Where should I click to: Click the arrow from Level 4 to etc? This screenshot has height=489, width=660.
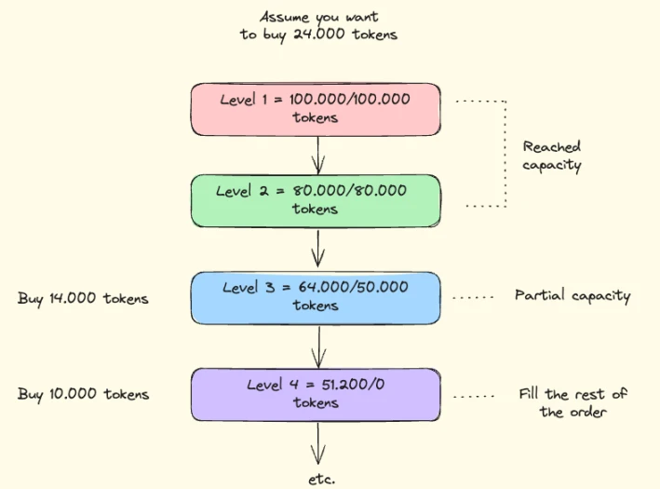click(317, 441)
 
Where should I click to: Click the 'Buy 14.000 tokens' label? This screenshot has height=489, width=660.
click(83, 299)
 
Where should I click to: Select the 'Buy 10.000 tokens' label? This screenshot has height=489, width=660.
click(83, 394)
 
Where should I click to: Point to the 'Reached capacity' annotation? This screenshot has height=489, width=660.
click(552, 156)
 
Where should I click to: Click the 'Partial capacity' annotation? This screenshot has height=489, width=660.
click(572, 296)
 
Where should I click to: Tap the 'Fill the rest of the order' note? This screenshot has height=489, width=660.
click(572, 402)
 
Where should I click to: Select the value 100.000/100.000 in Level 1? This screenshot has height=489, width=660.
click(350, 99)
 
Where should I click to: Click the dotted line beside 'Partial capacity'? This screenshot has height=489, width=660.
click(473, 298)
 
